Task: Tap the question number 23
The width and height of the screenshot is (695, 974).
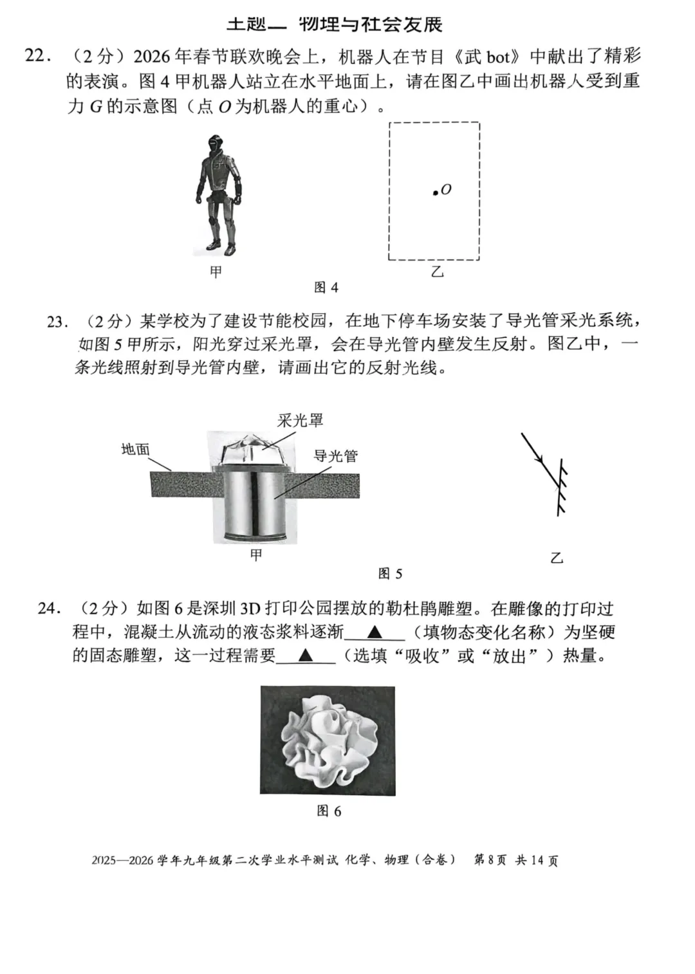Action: click(x=57, y=321)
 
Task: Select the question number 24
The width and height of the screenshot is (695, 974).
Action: click(x=49, y=608)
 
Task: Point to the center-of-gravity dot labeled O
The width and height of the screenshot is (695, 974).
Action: click(x=435, y=192)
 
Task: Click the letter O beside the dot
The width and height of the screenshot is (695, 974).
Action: click(x=446, y=189)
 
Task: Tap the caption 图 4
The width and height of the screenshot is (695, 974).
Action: click(x=326, y=288)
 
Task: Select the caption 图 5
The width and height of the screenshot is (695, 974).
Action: click(x=390, y=573)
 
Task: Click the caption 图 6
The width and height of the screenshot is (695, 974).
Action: click(x=329, y=811)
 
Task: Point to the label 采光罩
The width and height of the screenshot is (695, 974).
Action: click(x=301, y=421)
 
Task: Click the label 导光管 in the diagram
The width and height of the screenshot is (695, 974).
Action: click(x=335, y=456)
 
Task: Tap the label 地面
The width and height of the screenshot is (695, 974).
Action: click(x=135, y=449)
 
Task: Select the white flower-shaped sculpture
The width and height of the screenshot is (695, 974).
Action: click(x=327, y=740)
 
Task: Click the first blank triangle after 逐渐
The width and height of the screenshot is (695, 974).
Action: click(x=375, y=632)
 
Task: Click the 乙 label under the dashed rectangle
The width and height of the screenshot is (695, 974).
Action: click(x=437, y=272)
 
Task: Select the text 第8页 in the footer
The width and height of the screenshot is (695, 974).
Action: click(x=490, y=860)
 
